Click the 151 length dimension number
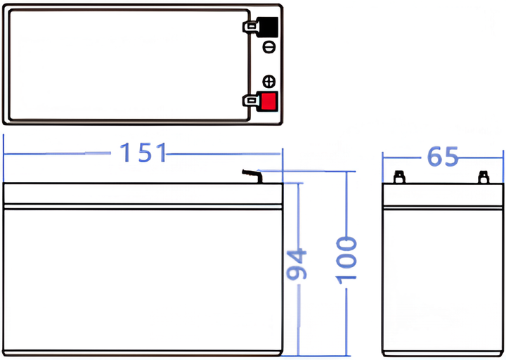[143, 153]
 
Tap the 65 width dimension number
[443, 157]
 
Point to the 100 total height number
[346, 261]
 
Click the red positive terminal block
[268, 101]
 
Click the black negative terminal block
[268, 27]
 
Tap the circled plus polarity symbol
[268, 82]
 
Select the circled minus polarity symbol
[268, 47]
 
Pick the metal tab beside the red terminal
[250, 101]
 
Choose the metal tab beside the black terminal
[250, 27]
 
